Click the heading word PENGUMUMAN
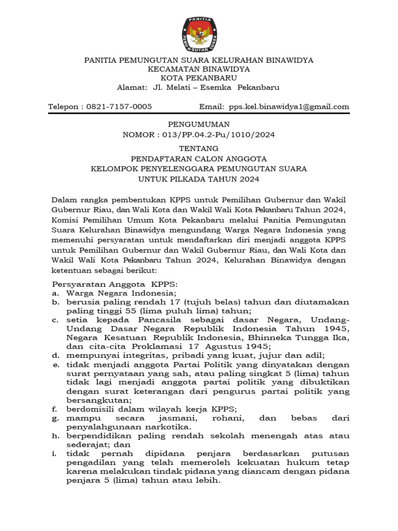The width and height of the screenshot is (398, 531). [x=199, y=124]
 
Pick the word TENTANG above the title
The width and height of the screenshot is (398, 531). [x=199, y=148]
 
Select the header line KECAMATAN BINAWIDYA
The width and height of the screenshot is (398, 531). [x=199, y=68]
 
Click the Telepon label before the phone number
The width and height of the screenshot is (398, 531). [x=65, y=107]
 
